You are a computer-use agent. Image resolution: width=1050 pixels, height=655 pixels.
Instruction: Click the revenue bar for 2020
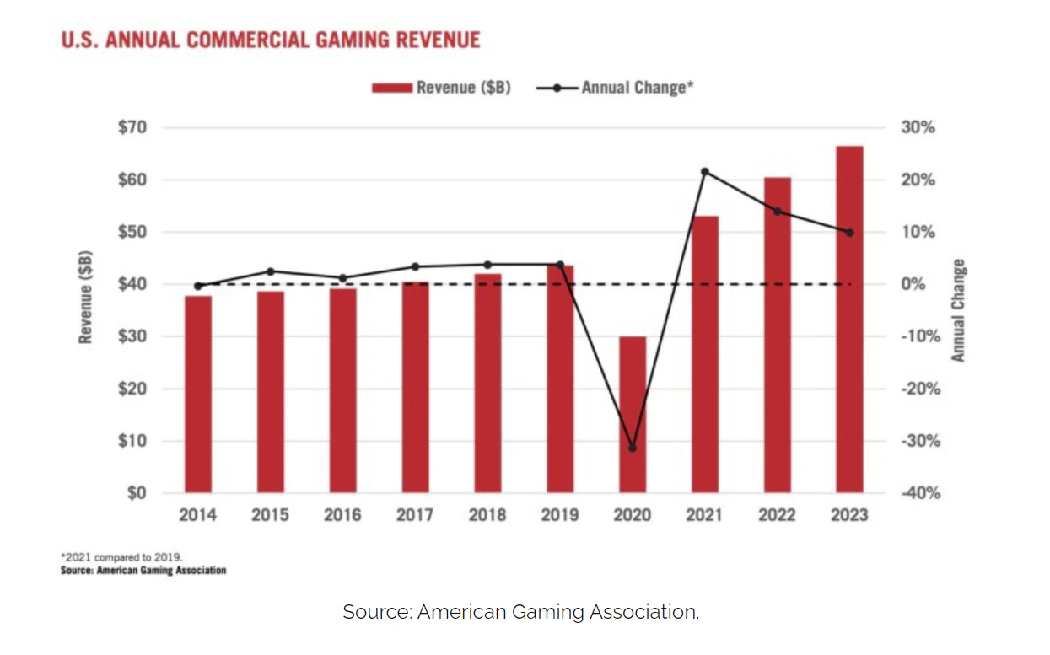633,415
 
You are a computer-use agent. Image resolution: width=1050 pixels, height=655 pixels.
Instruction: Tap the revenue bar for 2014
198,395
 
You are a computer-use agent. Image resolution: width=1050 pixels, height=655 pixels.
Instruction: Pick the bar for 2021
705,355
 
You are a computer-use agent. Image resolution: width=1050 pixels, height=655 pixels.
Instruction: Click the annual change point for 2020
633,448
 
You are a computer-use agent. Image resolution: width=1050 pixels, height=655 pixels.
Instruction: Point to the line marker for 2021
705,172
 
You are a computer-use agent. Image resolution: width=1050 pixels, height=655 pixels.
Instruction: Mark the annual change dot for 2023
849,233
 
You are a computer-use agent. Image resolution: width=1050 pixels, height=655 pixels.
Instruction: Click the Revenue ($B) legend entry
442,87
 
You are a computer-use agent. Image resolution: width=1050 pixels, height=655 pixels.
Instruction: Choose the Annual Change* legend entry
616,87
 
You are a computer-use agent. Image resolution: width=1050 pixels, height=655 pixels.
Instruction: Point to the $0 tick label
135,493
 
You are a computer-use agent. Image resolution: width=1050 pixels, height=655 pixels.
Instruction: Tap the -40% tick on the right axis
920,493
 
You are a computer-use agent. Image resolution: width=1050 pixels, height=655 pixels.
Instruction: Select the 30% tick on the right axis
918,128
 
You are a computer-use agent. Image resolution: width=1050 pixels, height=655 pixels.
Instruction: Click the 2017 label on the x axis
415,514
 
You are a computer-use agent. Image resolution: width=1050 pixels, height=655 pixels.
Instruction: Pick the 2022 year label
777,514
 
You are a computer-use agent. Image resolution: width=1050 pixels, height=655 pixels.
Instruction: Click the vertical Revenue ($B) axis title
85,297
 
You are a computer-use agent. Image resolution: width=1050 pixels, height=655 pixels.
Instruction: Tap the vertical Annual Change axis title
958,310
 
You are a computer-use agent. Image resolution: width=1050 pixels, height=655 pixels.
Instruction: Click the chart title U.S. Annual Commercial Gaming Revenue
271,40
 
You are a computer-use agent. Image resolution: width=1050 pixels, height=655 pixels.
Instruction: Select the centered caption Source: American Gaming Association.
520,612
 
